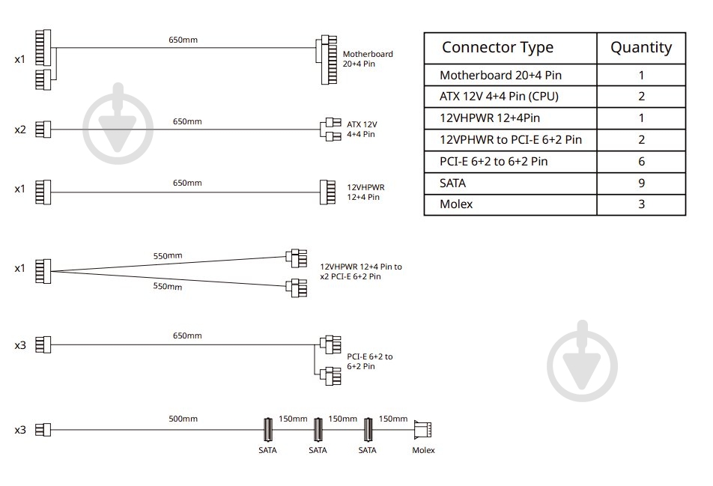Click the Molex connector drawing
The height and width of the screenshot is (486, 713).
423,430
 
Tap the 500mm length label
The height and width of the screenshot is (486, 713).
183,419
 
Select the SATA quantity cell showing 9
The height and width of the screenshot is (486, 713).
641,183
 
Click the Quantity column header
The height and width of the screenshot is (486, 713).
641,47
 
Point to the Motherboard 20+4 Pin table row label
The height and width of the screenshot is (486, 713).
500,75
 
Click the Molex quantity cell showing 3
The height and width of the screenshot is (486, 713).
641,204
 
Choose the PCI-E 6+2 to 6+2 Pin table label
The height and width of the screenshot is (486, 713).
494,162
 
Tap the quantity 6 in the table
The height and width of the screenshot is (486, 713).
641,162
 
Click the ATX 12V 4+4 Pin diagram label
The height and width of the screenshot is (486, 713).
362,129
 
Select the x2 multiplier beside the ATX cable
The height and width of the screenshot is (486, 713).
20,130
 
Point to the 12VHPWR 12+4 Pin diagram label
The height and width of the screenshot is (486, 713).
365,192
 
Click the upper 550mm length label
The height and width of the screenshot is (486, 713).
167,256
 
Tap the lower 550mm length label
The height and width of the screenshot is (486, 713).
167,286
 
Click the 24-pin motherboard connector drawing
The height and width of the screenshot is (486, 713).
327,60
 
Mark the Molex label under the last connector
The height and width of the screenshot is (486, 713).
423,450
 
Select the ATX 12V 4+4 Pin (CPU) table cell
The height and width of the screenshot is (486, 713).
499,97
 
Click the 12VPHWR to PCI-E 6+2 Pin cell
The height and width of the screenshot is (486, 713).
511,139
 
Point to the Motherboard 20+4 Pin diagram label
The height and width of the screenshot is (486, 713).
368,58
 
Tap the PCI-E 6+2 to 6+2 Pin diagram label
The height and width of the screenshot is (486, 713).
370,362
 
